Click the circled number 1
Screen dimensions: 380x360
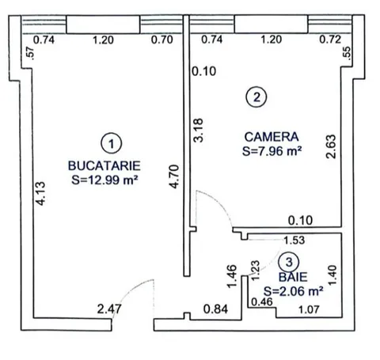coord(112,143)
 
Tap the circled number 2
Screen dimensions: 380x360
coord(256,97)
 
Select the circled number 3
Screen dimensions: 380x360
coord(289,262)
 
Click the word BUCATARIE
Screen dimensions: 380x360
coord(104,165)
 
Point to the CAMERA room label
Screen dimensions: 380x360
coord(272,137)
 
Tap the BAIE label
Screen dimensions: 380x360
coord(293,277)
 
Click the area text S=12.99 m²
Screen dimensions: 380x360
coord(104,180)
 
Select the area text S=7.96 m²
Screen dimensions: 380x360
coord(272,151)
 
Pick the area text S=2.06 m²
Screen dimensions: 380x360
coord(293,291)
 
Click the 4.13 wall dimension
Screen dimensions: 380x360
coord(41,194)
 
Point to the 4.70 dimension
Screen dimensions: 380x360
coord(174,176)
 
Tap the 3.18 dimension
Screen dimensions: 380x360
coord(198,131)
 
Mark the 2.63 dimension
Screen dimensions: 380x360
coord(331,146)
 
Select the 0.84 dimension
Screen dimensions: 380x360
coord(215,309)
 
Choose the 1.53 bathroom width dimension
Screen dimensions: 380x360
coord(294,240)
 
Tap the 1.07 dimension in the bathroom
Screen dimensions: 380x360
coord(309,309)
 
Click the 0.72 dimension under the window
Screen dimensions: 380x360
coord(330,40)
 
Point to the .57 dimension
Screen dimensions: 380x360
coord(31,54)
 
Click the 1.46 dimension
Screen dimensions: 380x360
coord(231,276)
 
